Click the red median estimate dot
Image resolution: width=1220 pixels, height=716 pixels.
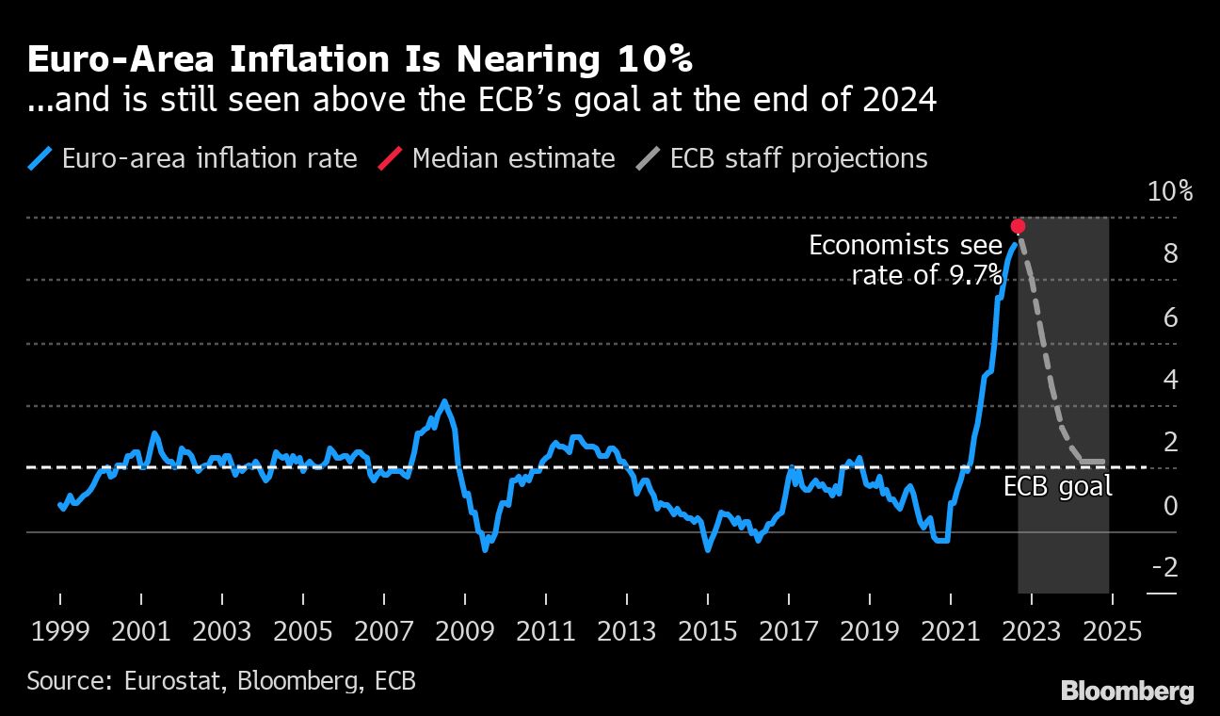pyautogui.click(x=1018, y=226)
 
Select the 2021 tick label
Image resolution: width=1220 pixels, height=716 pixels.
pyautogui.click(x=951, y=631)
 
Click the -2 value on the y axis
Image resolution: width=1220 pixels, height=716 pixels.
pyautogui.click(x=1164, y=567)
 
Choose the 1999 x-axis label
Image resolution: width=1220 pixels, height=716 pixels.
pyautogui.click(x=60, y=631)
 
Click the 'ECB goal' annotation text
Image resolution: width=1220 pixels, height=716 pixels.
pyautogui.click(x=1057, y=487)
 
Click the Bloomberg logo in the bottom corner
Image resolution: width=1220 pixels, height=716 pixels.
pyautogui.click(x=1127, y=691)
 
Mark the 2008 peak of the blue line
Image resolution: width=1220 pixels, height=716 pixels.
pyautogui.click(x=444, y=401)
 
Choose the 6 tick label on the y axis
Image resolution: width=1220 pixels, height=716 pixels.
pyautogui.click(x=1170, y=317)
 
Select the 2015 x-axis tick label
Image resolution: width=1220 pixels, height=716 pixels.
pyautogui.click(x=708, y=631)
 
